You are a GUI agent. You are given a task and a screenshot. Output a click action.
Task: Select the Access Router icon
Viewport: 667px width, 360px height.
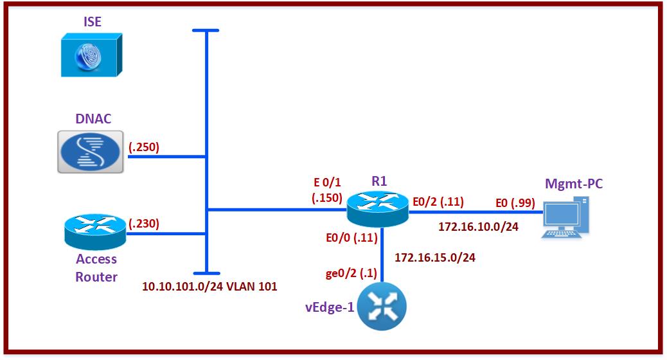(95, 233)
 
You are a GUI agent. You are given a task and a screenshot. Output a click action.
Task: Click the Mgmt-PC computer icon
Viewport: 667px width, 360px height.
(565, 218)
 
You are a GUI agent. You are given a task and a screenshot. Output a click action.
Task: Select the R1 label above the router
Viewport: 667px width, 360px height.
(380, 181)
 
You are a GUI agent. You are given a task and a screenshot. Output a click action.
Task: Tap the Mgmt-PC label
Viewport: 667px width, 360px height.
(573, 184)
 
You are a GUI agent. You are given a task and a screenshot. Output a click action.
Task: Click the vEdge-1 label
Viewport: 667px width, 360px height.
(330, 307)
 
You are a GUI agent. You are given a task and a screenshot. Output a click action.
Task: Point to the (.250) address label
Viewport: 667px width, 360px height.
(144, 147)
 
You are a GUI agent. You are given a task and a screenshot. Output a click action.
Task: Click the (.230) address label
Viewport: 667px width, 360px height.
(144, 224)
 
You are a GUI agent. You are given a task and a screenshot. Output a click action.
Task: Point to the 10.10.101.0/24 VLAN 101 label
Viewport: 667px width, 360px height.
(209, 287)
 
